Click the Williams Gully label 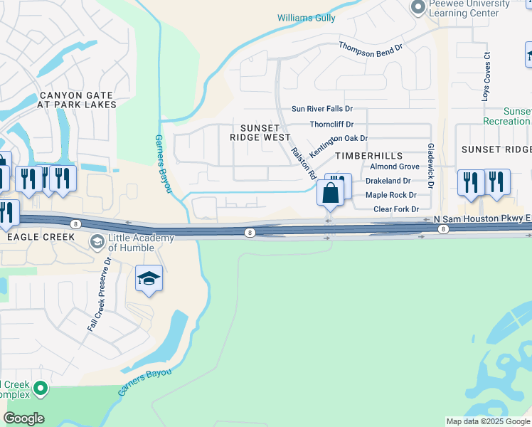pos(306,18)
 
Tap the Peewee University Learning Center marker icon pos(417,7)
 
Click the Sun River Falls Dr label pos(322,110)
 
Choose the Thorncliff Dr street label pos(331,125)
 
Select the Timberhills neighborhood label pos(368,156)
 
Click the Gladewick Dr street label pos(430,160)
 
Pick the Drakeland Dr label pos(387,181)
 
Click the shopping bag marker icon pos(331,192)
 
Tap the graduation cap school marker pos(149,279)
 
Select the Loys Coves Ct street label pos(486,75)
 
